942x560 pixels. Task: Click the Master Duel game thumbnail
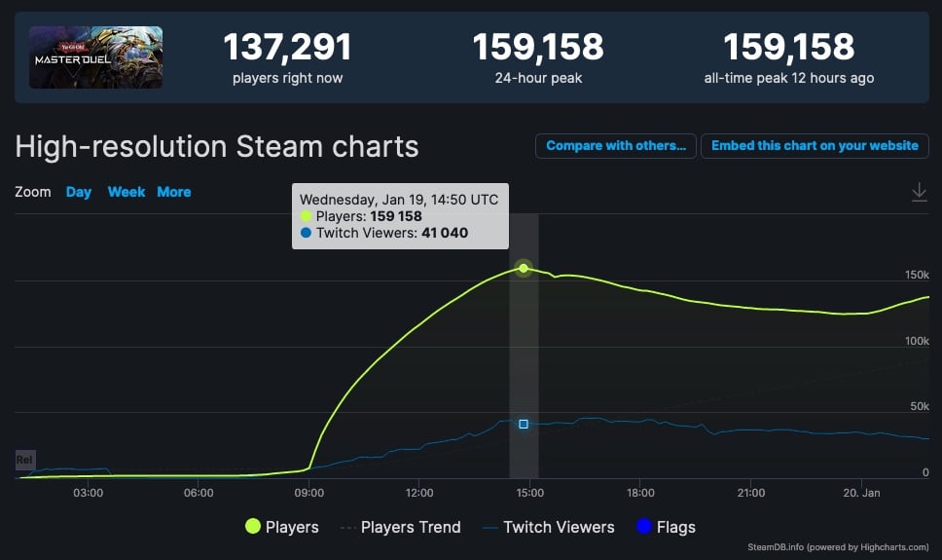coord(95,57)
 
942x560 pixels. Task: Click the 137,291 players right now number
coord(287,47)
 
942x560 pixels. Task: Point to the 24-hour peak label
coord(538,78)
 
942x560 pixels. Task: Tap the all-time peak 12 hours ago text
coord(788,78)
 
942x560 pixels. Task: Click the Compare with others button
coord(615,146)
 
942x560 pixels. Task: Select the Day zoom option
coord(79,192)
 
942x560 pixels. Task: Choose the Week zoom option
coord(127,192)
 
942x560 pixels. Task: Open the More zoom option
coord(174,192)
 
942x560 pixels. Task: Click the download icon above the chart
coord(919,193)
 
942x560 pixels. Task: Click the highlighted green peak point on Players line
coord(524,268)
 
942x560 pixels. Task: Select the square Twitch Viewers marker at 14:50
coord(524,424)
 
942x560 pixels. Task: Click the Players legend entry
coord(282,527)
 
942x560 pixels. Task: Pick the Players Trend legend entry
coord(400,527)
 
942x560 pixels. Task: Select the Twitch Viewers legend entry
coord(548,527)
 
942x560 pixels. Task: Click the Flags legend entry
coord(665,527)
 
